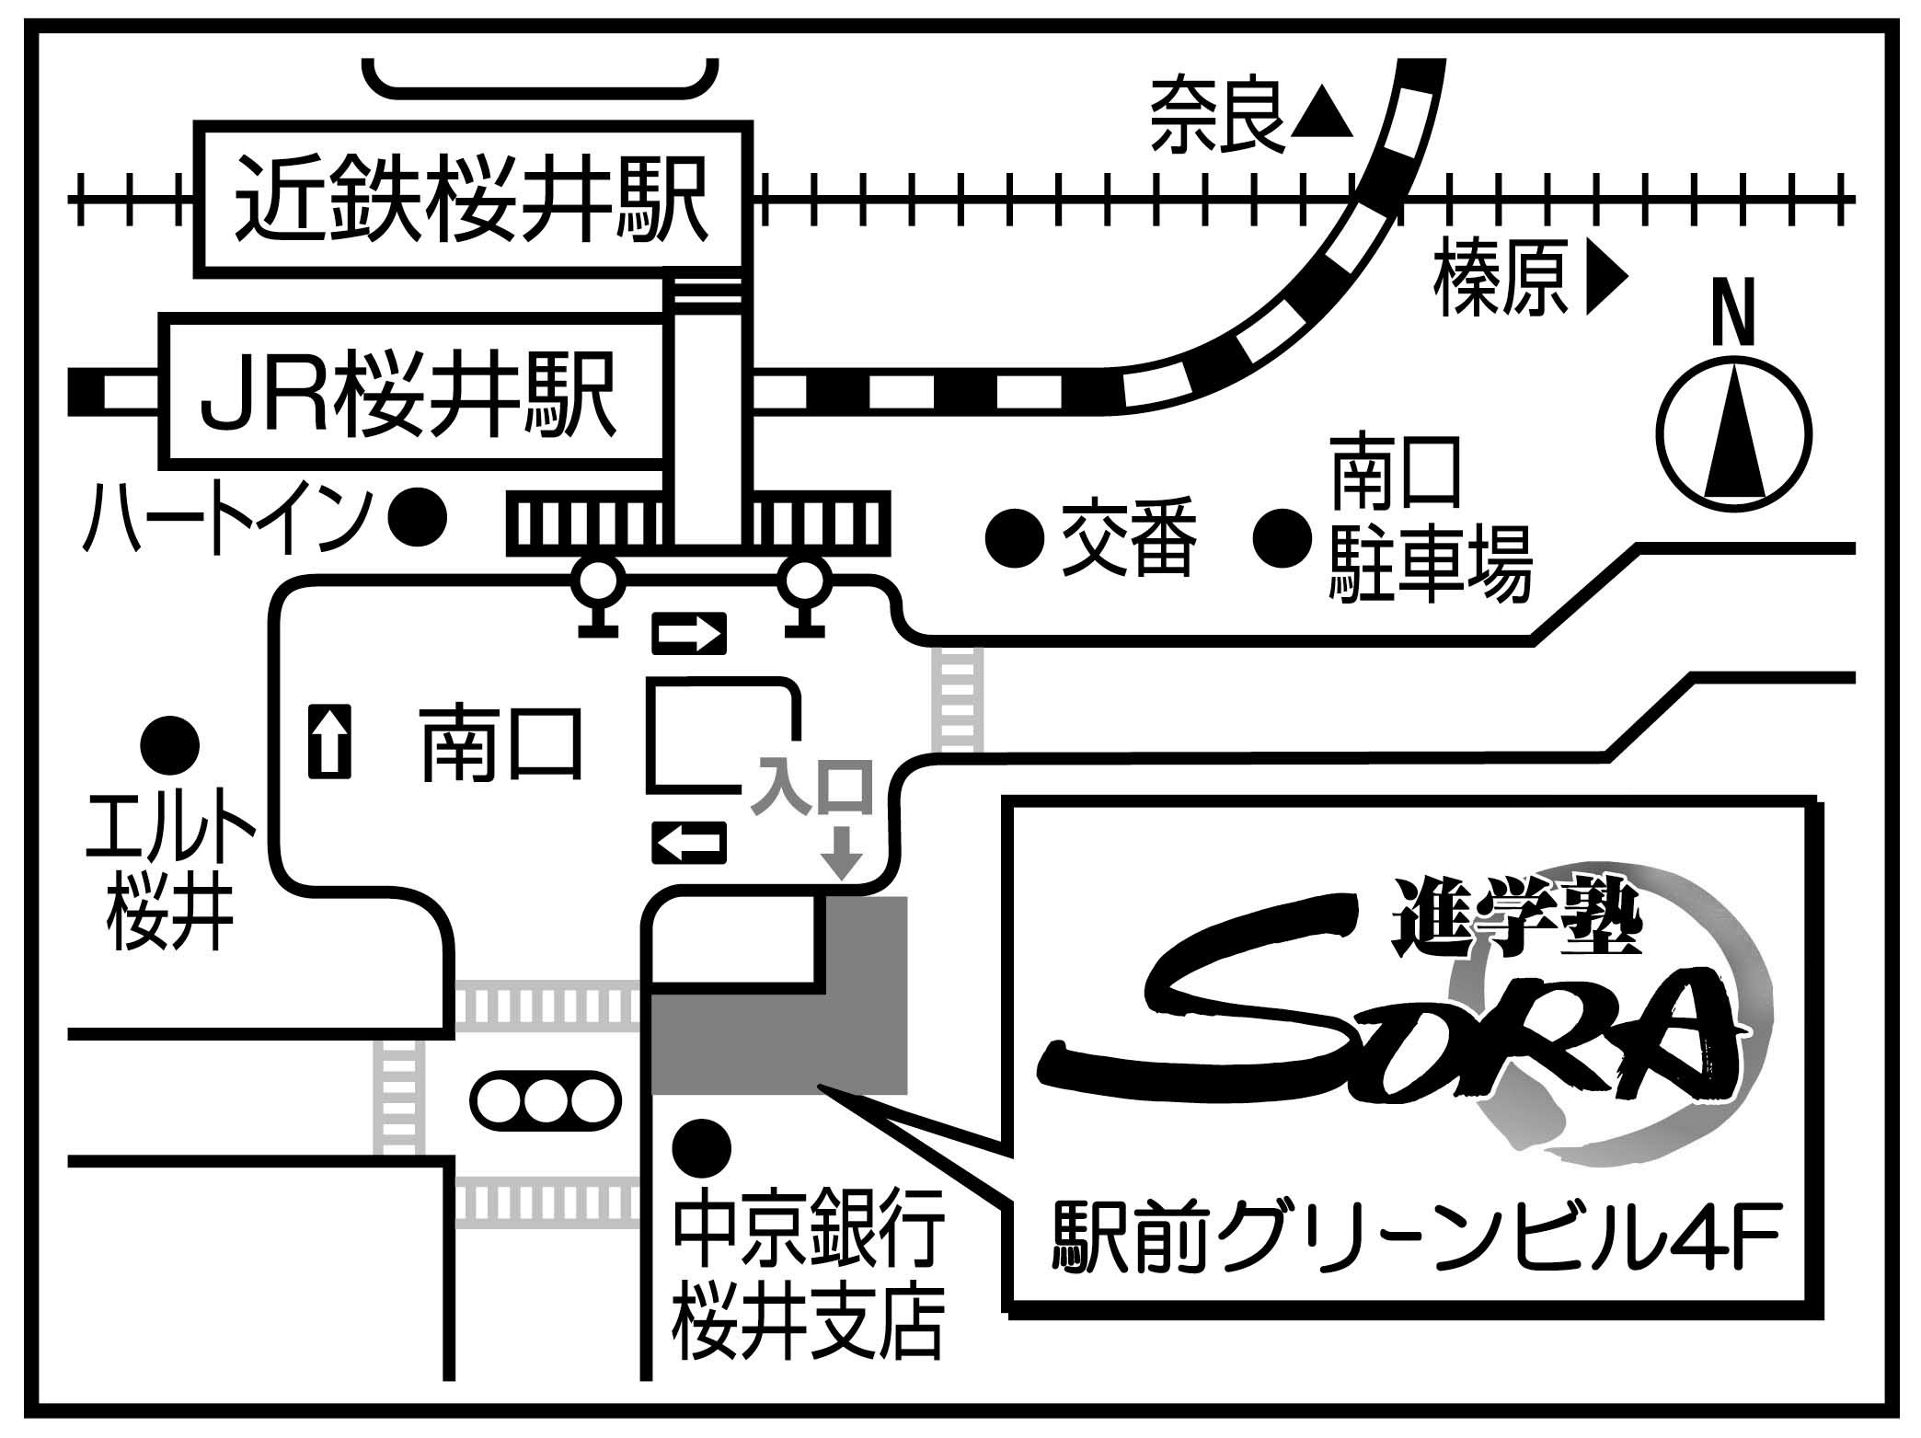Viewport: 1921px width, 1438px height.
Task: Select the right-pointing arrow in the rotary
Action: tap(689, 634)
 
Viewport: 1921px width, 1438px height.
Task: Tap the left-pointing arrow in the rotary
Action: tap(689, 841)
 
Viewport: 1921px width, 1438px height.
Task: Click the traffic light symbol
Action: tap(547, 1098)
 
